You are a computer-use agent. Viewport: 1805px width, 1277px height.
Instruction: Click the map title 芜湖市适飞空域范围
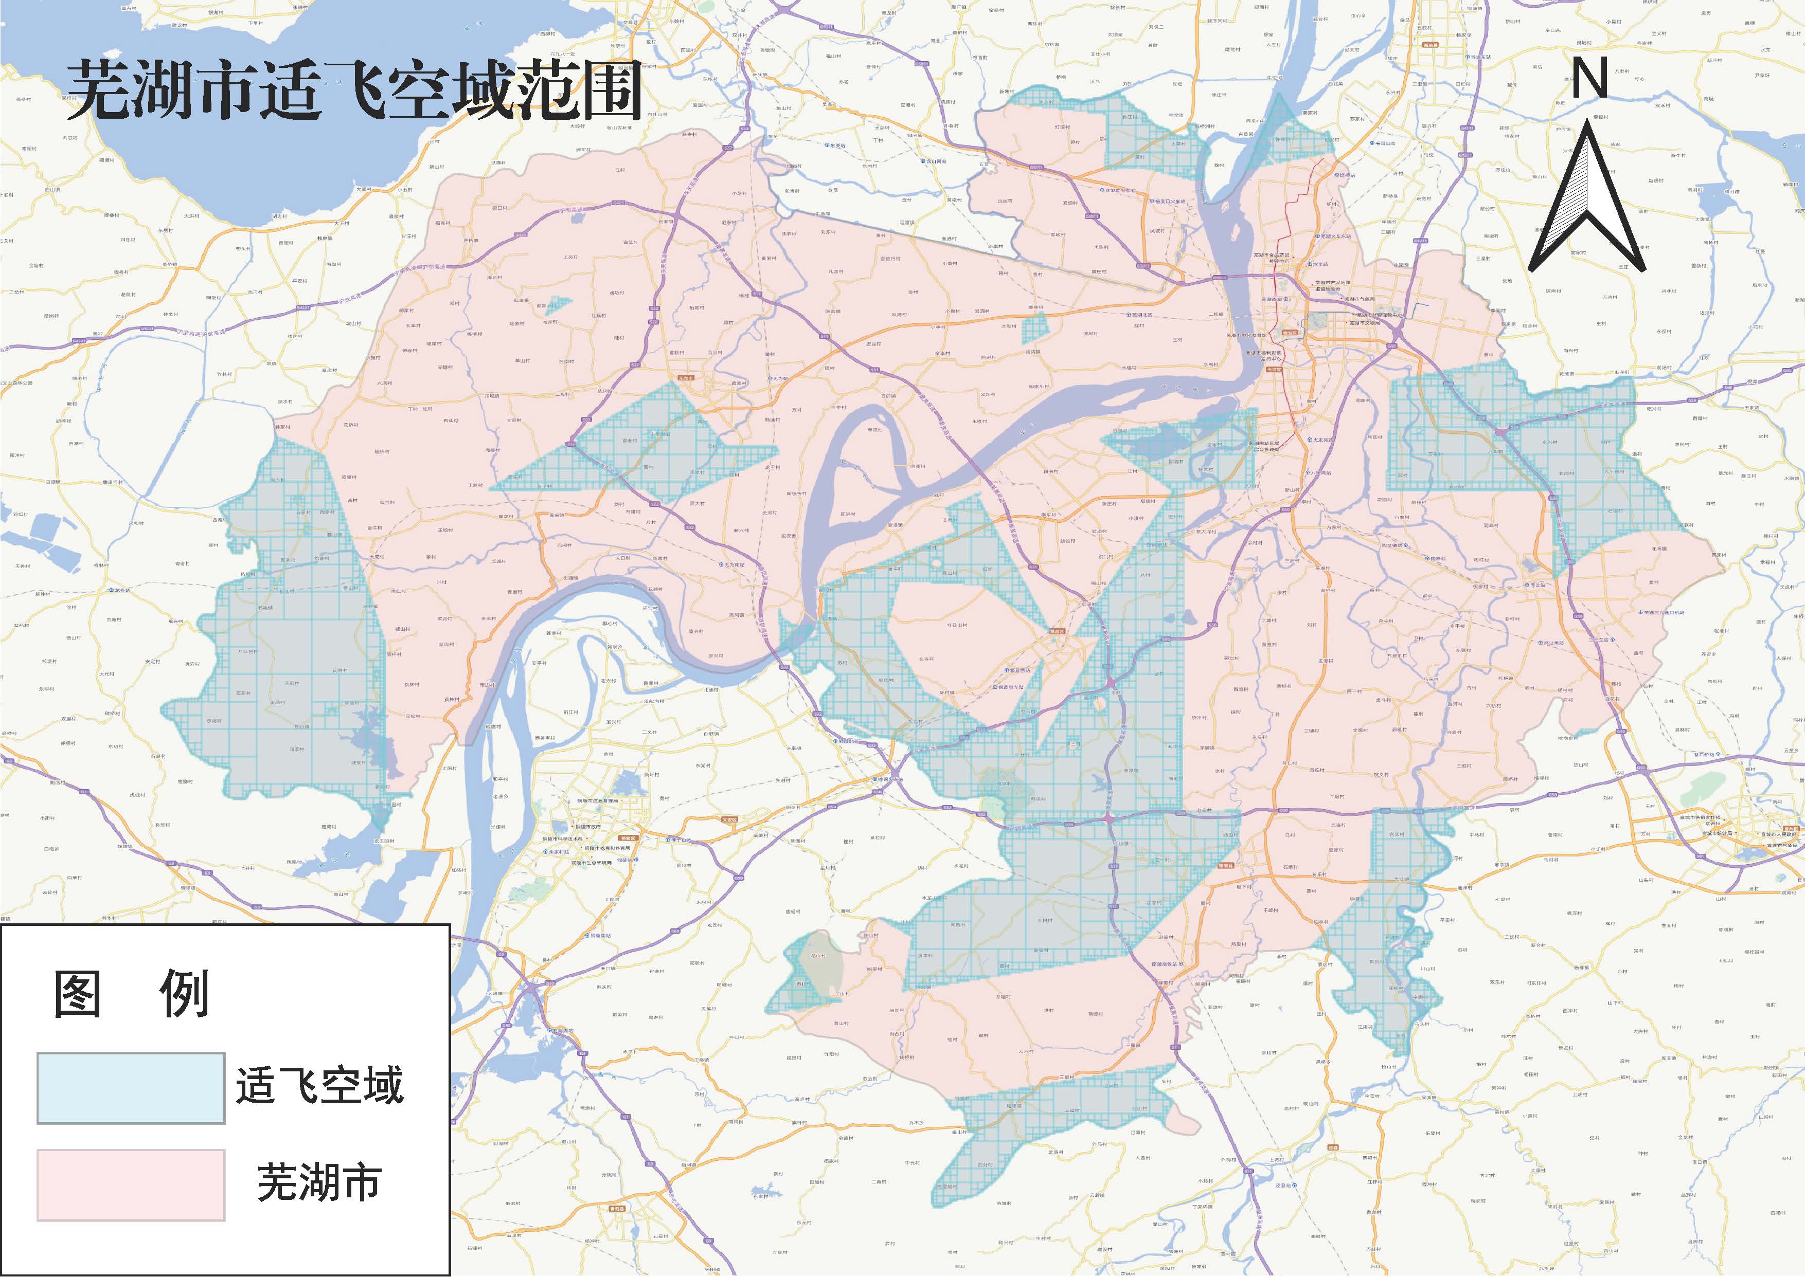(x=354, y=92)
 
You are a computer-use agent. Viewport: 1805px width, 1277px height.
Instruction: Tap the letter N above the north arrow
(x=1588, y=79)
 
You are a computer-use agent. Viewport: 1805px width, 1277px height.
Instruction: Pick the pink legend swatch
(x=131, y=1184)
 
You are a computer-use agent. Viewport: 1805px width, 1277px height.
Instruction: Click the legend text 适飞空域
(x=319, y=1085)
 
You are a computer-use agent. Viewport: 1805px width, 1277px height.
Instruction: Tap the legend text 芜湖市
(x=319, y=1182)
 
